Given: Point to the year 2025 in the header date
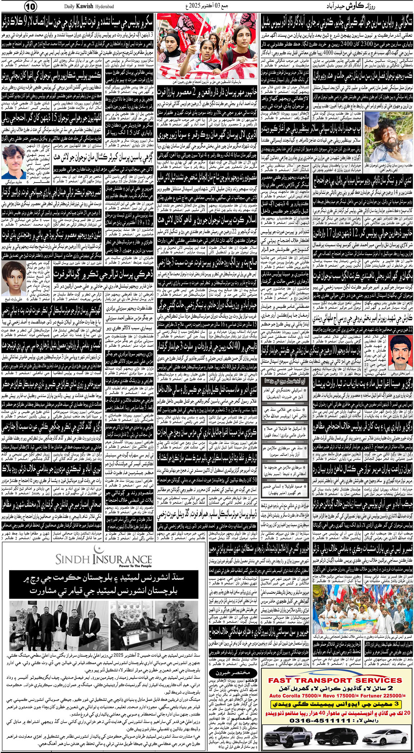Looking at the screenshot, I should (196, 6).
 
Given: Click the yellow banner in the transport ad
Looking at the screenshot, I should (336, 704).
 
